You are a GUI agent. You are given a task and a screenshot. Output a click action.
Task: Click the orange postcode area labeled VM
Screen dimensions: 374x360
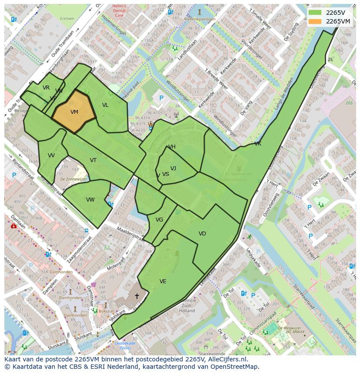point(74,112)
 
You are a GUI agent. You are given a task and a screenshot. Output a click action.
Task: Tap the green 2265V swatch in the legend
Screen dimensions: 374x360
point(315,13)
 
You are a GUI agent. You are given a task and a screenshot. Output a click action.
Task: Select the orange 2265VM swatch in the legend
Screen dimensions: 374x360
point(315,21)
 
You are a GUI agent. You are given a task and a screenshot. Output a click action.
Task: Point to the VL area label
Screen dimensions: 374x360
point(105,105)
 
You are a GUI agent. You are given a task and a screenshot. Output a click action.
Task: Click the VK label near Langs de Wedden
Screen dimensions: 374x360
point(258,144)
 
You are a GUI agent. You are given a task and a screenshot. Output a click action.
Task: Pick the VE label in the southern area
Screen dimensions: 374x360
point(163,281)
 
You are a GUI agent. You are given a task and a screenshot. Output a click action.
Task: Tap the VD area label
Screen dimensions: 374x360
point(202,234)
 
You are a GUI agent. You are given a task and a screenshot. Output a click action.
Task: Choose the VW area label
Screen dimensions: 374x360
point(90,200)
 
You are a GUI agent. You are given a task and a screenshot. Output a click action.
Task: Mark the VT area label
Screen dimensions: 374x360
point(93,160)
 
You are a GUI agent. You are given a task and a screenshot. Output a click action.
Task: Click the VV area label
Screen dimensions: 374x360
point(51,156)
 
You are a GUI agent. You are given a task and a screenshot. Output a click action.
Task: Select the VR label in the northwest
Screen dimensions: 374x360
point(46,88)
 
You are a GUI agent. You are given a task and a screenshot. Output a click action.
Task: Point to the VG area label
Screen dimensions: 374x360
point(159,220)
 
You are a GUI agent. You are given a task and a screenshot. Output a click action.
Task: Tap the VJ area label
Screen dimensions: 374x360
point(173,169)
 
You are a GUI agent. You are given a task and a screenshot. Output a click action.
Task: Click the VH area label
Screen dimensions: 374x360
point(172,147)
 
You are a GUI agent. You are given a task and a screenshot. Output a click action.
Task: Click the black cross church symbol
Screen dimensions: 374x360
point(137,296)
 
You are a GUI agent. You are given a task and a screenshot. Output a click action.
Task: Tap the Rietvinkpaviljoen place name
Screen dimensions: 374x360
point(200,19)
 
